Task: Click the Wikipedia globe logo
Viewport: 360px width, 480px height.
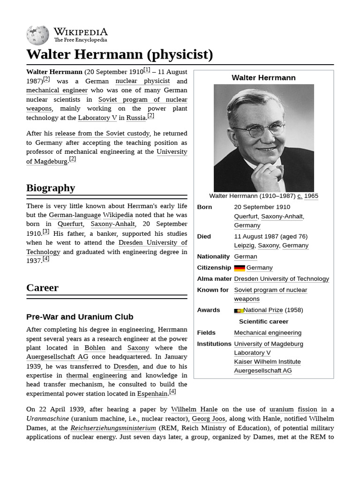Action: (x=37, y=35)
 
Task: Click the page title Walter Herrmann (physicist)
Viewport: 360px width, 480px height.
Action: (x=120, y=55)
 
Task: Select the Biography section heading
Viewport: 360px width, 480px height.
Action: (x=51, y=188)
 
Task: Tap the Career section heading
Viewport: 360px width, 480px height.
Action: (x=42, y=288)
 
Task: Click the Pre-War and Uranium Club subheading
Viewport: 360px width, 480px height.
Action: (x=80, y=317)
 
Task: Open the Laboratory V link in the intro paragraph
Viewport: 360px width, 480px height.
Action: (x=97, y=118)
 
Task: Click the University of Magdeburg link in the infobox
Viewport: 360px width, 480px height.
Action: (x=268, y=344)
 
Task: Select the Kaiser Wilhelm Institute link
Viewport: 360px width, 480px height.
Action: (x=267, y=361)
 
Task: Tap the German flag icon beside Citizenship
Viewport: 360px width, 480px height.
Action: (x=240, y=268)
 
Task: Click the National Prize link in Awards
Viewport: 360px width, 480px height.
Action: (x=263, y=310)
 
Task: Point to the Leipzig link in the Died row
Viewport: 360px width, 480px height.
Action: (x=244, y=245)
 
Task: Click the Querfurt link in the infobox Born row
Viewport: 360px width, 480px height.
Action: (x=246, y=216)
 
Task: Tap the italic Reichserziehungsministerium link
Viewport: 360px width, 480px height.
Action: (x=113, y=428)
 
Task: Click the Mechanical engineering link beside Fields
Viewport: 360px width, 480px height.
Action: (x=268, y=333)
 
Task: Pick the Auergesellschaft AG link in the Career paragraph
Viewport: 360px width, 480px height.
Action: (x=57, y=357)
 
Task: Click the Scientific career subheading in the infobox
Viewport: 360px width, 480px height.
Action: (x=263, y=322)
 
